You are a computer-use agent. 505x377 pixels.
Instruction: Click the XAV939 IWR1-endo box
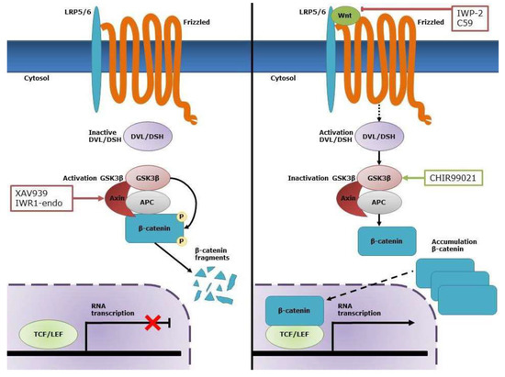pyautogui.click(x=43, y=201)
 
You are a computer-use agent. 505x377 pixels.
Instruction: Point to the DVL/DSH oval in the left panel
pyautogui.click(x=150, y=138)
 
